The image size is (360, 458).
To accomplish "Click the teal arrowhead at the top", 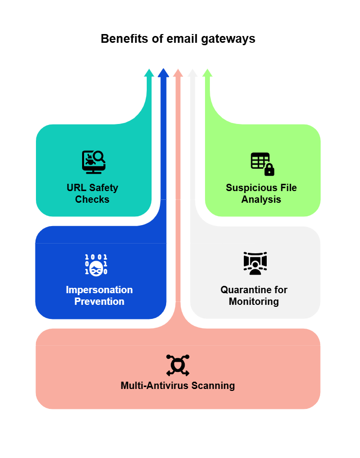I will tap(149, 73).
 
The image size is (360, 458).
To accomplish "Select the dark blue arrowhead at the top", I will tap(163, 73).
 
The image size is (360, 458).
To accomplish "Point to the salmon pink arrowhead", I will tap(178, 73).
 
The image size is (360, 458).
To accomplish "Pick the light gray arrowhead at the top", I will tap(192, 73).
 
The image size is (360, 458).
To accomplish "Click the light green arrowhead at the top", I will tap(207, 73).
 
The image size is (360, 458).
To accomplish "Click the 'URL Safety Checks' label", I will tap(92, 194).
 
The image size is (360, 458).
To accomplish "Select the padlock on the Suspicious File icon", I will tap(269, 170).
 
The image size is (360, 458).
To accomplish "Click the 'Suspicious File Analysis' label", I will tap(261, 194).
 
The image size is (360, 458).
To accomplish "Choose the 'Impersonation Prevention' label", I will tap(99, 296).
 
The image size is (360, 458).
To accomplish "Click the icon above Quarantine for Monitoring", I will tap(255, 263).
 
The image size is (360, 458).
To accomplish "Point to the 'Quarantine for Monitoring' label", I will tap(254, 296).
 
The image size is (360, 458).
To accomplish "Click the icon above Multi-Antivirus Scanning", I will tap(178, 365).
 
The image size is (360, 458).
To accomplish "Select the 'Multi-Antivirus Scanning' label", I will tap(178, 386).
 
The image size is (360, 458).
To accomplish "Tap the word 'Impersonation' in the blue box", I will tap(99, 290).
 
